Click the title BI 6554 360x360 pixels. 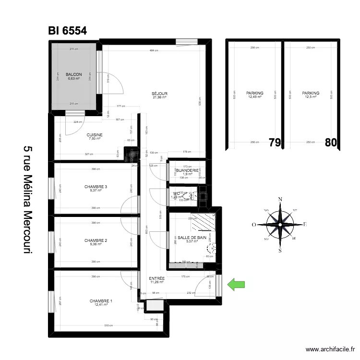[x=67, y=31]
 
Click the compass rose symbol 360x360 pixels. [x=280, y=224]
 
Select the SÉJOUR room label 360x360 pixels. [x=159, y=94]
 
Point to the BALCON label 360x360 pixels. [x=73, y=74]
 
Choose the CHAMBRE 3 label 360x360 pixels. [x=96, y=186]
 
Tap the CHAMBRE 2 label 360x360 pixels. [x=96, y=240]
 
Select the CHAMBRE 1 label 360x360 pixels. [x=101, y=301]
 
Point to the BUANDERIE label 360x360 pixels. [x=187, y=170]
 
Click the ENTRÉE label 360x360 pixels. [x=156, y=278]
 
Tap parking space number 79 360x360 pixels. [x=275, y=143]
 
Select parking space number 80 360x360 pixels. [x=331, y=143]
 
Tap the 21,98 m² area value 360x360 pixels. [x=159, y=97]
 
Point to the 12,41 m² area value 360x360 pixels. [x=101, y=305]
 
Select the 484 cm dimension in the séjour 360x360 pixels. [x=153, y=51]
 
